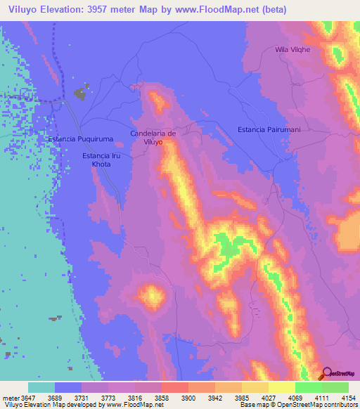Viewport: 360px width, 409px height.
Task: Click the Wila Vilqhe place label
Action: pos(292,51)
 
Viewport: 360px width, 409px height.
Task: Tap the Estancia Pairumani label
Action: pos(269,130)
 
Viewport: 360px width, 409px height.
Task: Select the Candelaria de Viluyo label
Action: pos(153,137)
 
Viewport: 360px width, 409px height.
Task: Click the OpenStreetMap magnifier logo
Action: pos(327,373)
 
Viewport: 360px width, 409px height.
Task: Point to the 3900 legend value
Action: pos(190,397)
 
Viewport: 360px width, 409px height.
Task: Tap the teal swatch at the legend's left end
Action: pos(41,387)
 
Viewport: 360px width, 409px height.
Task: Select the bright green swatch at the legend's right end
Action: pos(335,387)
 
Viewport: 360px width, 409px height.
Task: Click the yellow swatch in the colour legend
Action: pos(281,387)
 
